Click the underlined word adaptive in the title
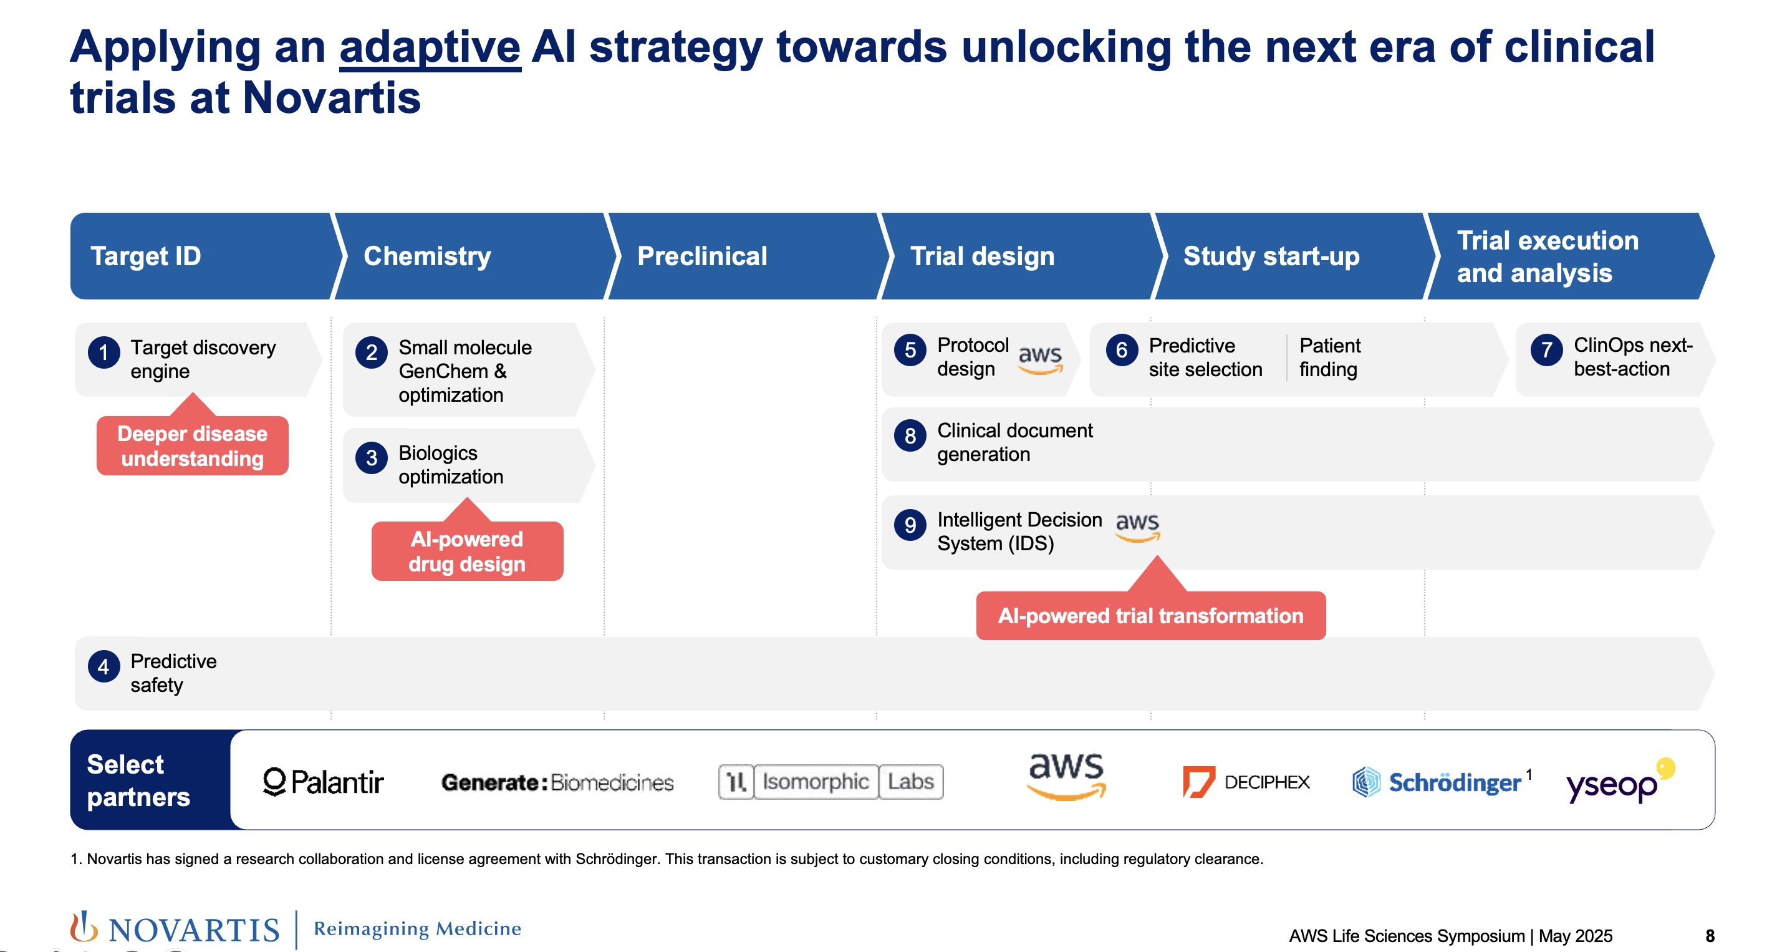[x=430, y=47]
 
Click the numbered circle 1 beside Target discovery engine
[x=104, y=353]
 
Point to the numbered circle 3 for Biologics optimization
[x=372, y=458]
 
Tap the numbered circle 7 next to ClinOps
[x=1547, y=350]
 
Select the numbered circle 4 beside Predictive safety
[x=104, y=666]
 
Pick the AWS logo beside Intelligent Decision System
[x=1137, y=527]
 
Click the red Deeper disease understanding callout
[x=193, y=445]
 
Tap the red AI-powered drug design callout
[x=467, y=551]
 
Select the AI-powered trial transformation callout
[x=1151, y=615]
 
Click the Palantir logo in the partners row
[x=324, y=782]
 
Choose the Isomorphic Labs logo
[x=831, y=782]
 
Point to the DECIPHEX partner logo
[x=1246, y=782]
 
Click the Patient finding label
[x=1330, y=357]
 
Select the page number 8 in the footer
[x=1710, y=936]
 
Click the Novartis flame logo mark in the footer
[x=84, y=927]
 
